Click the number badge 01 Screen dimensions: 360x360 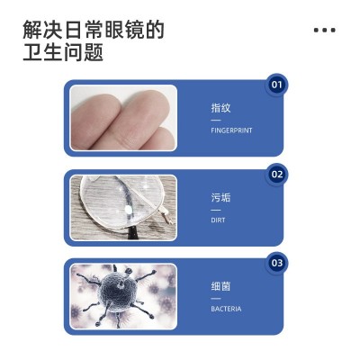click(x=276, y=85)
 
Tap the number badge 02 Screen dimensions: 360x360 click(x=277, y=175)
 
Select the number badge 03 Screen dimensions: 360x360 click(x=277, y=263)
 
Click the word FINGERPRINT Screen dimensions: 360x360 click(x=231, y=130)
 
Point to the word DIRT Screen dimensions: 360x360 click(x=218, y=220)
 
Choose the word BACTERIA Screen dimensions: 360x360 click(x=226, y=309)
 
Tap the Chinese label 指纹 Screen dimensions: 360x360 click(x=220, y=108)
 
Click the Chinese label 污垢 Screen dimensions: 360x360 click(x=220, y=197)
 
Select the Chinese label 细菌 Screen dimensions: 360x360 click(x=220, y=286)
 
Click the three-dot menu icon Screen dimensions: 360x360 click(x=325, y=30)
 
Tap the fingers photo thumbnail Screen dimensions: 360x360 click(x=123, y=118)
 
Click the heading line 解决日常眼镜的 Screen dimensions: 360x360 click(x=94, y=30)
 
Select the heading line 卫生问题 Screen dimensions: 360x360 click(x=63, y=52)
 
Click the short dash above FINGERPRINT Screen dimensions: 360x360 click(x=215, y=121)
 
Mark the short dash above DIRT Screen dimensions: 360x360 click(x=215, y=210)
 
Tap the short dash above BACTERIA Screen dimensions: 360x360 click(x=215, y=299)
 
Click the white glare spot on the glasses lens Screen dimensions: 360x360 click(x=129, y=210)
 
